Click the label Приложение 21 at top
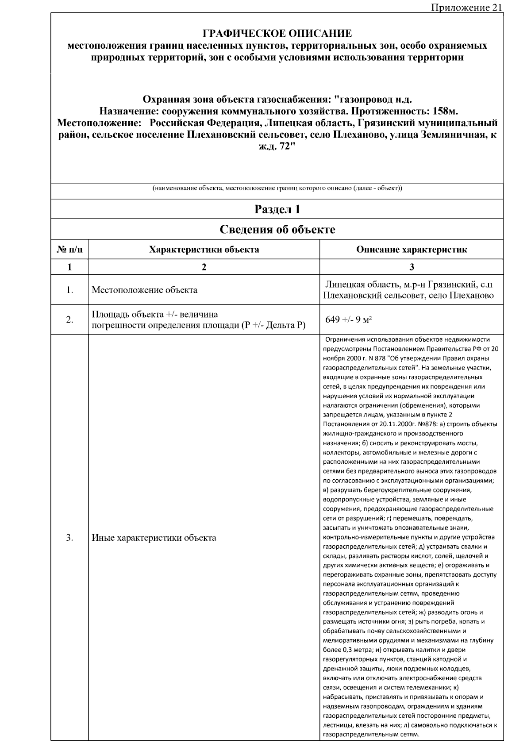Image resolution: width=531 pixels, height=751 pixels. click(466, 8)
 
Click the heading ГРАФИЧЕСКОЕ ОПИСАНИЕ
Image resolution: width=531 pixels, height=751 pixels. click(277, 34)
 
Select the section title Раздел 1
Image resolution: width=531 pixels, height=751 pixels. click(277, 209)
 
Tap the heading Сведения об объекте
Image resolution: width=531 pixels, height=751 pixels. click(277, 230)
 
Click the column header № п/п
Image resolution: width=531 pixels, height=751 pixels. click(69, 250)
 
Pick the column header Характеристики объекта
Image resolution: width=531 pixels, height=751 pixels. click(204, 250)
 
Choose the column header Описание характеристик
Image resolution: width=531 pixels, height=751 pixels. click(412, 250)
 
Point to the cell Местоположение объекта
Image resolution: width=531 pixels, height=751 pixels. click(144, 290)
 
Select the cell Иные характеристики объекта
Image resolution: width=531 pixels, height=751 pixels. click(154, 538)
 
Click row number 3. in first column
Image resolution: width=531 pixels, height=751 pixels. click(69, 538)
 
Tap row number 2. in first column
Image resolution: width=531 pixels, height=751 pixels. click(69, 320)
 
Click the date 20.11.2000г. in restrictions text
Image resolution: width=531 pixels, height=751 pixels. click(398, 424)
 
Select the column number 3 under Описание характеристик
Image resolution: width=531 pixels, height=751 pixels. click(412, 267)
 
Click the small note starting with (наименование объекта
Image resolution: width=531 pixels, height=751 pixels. click(277, 189)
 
